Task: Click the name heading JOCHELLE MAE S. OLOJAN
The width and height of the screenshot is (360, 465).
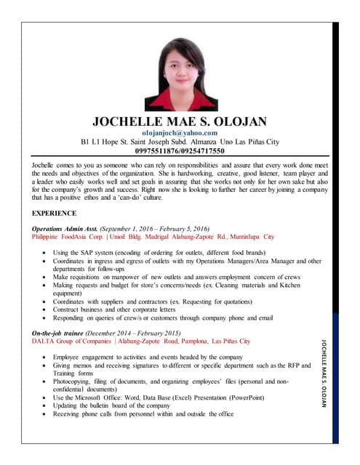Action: click(x=180, y=121)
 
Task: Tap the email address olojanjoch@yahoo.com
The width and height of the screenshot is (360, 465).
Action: click(x=180, y=133)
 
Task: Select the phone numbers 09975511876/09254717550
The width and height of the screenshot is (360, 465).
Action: click(x=180, y=151)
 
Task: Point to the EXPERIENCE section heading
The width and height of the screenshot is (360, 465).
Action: click(x=55, y=213)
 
